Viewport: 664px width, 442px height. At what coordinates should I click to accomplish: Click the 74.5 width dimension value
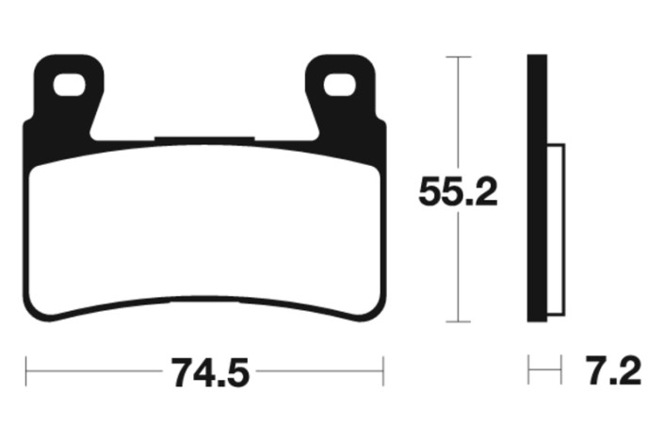[x=210, y=372]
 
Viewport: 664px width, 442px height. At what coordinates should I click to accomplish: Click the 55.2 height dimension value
[x=458, y=192]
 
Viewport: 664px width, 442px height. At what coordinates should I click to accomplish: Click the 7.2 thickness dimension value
[x=613, y=371]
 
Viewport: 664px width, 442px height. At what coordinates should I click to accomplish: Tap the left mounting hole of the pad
[x=69, y=85]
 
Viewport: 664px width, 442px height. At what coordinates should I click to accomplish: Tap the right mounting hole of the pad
[x=339, y=85]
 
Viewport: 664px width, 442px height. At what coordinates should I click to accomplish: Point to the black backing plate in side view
[x=537, y=188]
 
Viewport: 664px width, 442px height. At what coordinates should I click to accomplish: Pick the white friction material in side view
[x=556, y=229]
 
